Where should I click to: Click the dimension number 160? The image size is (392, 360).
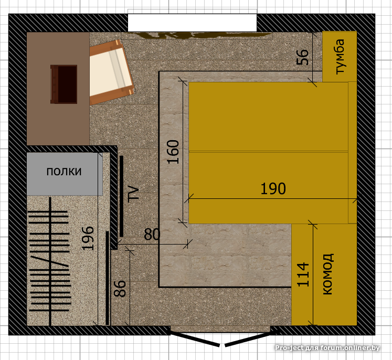173,152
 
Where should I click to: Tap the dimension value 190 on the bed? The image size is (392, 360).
273,189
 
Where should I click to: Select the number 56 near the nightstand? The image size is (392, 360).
302,57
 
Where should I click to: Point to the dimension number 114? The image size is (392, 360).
303,274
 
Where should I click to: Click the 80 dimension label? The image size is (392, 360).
152,234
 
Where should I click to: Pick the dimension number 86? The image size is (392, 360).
120,289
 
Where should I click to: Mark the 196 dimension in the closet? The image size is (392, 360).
88,238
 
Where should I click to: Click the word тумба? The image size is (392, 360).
340,57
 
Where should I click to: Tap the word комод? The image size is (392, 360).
328,274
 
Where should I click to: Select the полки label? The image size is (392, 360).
64,172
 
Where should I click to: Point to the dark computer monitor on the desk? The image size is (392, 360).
63,84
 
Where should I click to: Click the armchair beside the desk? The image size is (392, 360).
111,72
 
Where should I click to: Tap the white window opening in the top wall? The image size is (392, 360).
192,23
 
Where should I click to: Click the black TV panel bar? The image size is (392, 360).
122,196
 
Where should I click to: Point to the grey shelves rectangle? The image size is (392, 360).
65,174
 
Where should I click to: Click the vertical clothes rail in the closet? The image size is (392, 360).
50,261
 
